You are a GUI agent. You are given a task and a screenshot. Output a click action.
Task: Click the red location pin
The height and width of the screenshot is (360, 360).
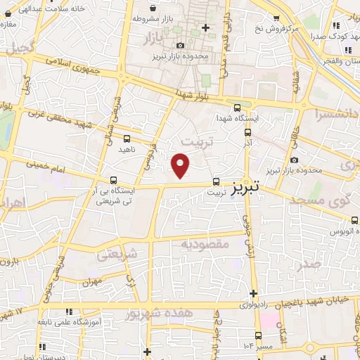(181, 165)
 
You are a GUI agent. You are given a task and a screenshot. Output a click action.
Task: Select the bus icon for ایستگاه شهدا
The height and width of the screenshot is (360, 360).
(237, 108)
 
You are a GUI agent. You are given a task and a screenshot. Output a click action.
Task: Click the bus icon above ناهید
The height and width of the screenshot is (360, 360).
(127, 139)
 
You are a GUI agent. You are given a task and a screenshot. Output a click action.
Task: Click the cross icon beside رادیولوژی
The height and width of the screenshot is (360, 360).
(253, 293)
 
